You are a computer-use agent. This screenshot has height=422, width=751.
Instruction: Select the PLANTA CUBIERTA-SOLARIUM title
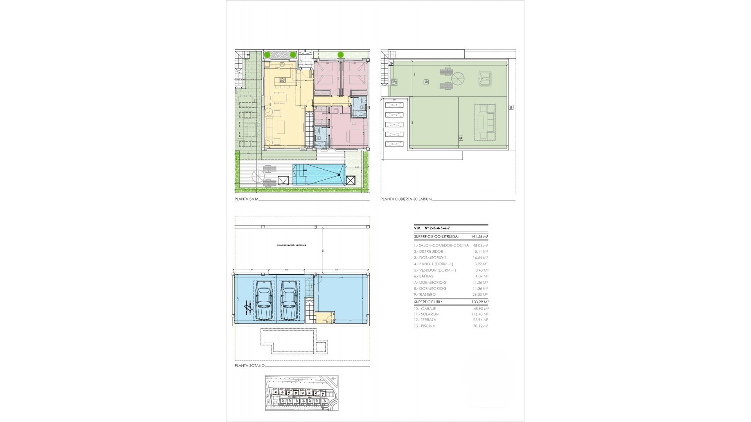(406, 199)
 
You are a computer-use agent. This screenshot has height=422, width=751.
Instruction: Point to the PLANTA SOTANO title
(250, 366)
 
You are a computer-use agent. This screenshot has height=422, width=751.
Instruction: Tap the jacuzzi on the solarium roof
(485, 79)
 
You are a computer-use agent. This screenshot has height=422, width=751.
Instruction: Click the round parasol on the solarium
(457, 80)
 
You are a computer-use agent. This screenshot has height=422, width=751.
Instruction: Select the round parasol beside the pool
(258, 176)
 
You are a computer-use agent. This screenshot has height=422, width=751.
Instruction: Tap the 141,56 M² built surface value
(480, 237)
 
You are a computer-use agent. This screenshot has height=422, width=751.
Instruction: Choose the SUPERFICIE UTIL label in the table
(428, 302)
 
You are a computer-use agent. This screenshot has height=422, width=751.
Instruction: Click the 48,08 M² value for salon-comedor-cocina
(480, 245)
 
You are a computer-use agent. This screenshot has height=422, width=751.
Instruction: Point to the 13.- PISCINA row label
(424, 326)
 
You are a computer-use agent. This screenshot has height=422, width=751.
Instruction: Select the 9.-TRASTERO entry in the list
(425, 294)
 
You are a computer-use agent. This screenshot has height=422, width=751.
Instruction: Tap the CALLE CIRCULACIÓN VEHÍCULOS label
(291, 245)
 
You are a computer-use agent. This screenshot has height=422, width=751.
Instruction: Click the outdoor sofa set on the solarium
(485, 122)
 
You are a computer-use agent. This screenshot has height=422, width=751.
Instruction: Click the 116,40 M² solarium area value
(480, 314)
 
